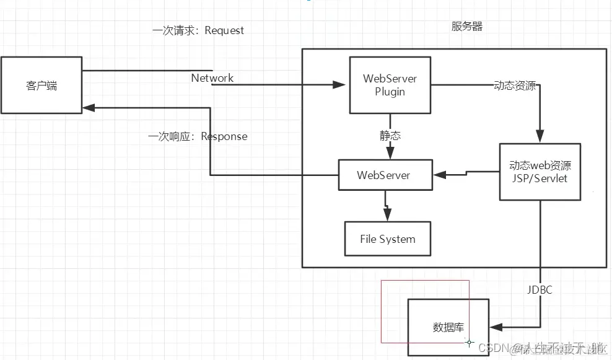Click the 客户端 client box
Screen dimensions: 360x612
click(42, 85)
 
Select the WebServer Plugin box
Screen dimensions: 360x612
click(390, 86)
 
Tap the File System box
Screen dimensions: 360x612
click(388, 239)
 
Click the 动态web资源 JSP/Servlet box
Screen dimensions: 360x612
click(540, 172)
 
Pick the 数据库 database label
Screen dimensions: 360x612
click(448, 327)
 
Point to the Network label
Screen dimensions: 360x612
click(212, 78)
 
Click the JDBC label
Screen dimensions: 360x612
click(540, 290)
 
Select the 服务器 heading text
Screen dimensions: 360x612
click(467, 27)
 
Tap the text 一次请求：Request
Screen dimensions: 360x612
click(198, 30)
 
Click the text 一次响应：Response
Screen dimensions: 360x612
click(198, 136)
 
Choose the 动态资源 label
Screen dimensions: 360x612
click(515, 86)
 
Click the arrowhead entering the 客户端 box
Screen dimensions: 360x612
click(89, 107)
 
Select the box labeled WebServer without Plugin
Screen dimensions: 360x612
click(383, 175)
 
